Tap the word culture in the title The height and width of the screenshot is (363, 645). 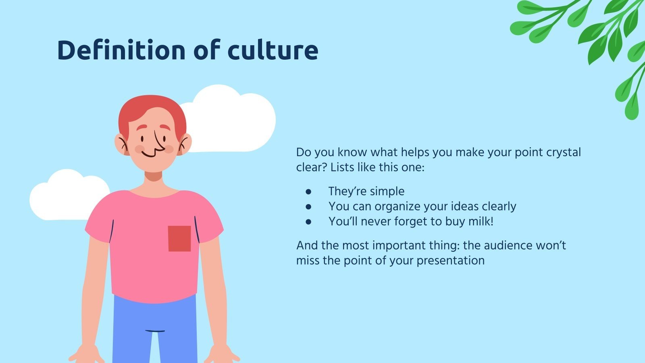point(273,50)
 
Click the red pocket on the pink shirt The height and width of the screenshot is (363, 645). point(179,238)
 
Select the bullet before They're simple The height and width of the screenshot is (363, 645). point(309,191)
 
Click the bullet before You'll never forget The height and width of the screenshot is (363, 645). point(309,221)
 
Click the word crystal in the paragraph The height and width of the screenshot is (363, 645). point(564,152)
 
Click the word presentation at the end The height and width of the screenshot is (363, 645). point(450,261)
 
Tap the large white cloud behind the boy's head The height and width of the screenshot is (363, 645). point(238,121)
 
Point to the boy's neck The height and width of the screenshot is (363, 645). point(153,176)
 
